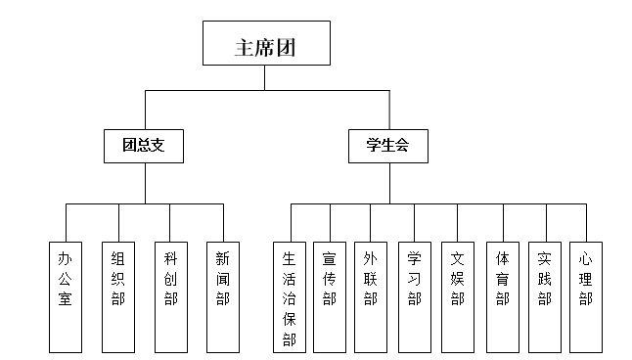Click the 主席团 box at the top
[264, 45]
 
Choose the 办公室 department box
[66, 293]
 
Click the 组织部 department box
[118, 293]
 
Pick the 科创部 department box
[170, 293]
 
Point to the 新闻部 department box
[223, 293]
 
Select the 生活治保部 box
[289, 294]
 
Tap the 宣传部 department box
[330, 294]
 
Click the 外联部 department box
[370, 294]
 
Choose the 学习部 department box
[414, 294]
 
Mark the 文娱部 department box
[457, 294]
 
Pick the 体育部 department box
[502, 294]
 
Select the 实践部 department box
[544, 294]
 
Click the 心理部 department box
[585, 294]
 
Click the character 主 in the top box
[245, 46]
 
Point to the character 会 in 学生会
[402, 145]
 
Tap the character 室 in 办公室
[66, 296]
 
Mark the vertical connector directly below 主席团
[264, 79]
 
